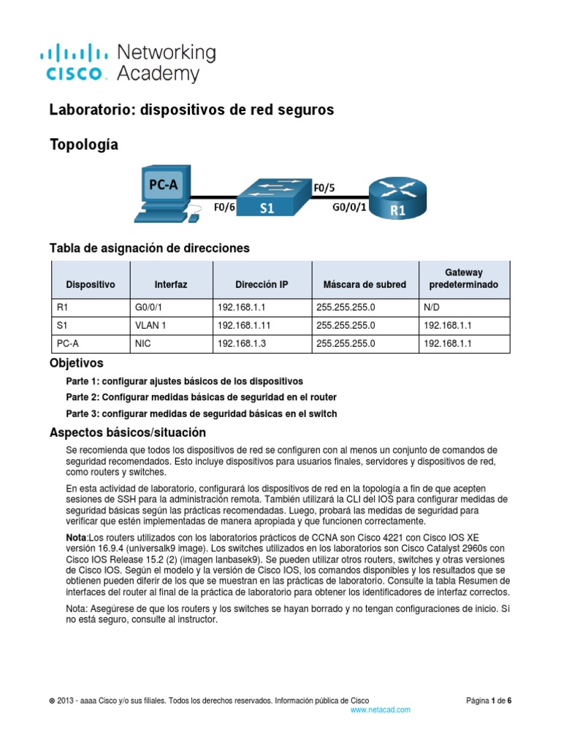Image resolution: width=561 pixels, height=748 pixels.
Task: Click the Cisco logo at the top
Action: [x=77, y=63]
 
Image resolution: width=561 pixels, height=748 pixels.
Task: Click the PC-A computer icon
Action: [x=164, y=194]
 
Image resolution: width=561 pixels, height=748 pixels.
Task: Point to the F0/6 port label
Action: [x=224, y=207]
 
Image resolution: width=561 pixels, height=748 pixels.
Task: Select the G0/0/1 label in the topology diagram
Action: [x=348, y=207]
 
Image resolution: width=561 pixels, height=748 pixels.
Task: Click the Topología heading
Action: [x=83, y=145]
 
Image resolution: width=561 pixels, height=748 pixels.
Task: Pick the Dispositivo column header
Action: [x=91, y=284]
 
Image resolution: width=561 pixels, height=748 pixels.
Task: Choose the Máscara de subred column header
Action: [x=365, y=284]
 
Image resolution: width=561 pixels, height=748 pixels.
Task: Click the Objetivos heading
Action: [x=76, y=363]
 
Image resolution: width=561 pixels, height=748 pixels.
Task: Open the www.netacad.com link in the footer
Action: [x=381, y=709]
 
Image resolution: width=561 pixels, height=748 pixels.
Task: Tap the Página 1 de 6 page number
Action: [x=489, y=701]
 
